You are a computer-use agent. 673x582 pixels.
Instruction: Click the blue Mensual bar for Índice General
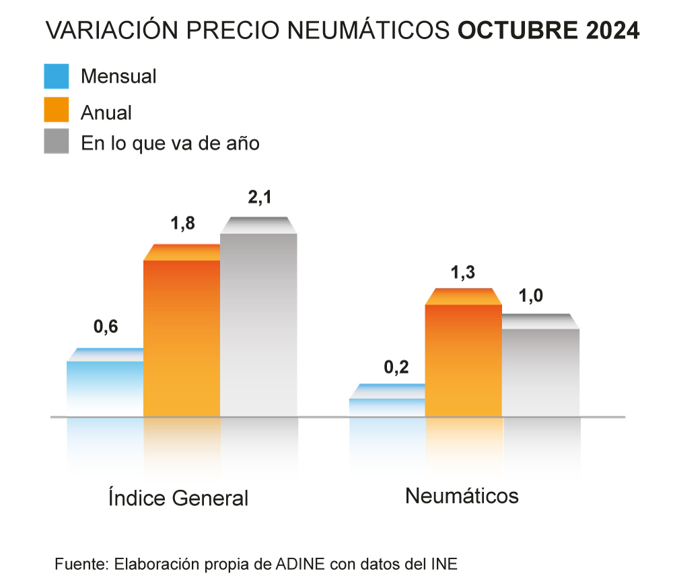coord(105,387)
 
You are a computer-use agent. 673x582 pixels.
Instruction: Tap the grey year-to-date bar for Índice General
coord(259,323)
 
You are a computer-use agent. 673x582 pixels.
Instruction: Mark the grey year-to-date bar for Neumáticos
coord(541,370)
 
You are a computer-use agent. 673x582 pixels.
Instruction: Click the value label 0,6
coord(106,327)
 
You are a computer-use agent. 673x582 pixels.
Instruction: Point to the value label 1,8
coord(182,223)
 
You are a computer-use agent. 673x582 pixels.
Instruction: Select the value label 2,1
coord(260,198)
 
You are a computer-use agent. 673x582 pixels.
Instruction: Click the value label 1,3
coord(463,272)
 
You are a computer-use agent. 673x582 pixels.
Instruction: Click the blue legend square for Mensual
coord(57,76)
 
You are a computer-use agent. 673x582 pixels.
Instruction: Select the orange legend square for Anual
coord(57,110)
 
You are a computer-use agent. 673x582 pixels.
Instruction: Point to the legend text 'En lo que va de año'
coord(170,143)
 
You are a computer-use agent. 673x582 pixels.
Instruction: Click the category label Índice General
coord(178,499)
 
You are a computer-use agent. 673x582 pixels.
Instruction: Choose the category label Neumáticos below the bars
coord(462,497)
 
